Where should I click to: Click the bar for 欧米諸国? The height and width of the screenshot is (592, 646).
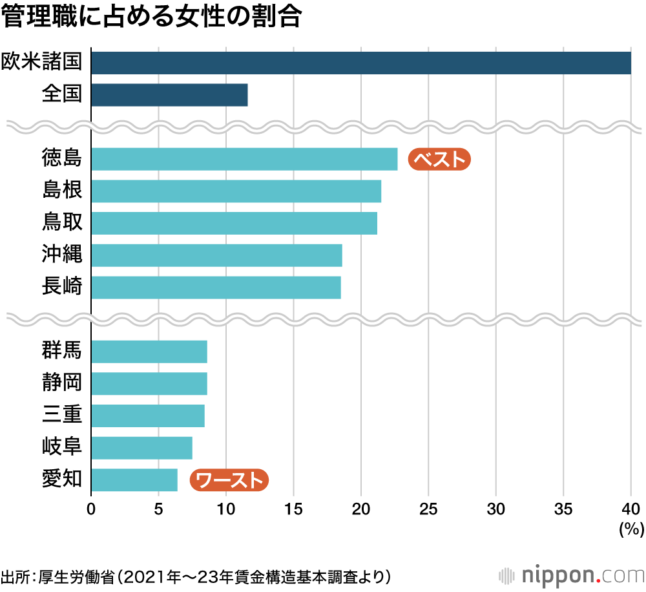coord(360,63)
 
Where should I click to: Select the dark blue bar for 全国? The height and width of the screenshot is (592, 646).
coord(169,95)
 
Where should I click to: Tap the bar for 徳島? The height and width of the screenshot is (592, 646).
coord(244,159)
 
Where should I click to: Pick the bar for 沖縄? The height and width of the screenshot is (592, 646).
coord(216,255)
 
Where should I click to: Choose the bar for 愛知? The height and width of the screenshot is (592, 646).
coord(134,480)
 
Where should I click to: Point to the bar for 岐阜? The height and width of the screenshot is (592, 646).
coord(141,447)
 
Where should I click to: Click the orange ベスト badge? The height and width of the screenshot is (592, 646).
coord(439,159)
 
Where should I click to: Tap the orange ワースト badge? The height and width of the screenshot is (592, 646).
coord(229,480)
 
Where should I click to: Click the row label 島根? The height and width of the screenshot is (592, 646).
coord(62,191)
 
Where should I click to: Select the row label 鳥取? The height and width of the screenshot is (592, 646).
coord(62,223)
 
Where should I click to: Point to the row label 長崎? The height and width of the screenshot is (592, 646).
coord(62,287)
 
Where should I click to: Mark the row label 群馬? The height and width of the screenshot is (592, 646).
coord(62,352)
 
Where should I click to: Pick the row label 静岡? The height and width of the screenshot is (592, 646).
coord(62,383)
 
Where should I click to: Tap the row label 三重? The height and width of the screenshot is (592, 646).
coord(62,415)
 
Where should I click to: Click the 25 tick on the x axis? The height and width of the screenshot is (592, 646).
coord(428,508)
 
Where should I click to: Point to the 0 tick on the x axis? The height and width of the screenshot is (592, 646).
coord(91,508)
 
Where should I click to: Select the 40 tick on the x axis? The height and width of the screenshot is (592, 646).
coord(630,508)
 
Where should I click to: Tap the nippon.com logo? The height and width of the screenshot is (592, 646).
coord(572,575)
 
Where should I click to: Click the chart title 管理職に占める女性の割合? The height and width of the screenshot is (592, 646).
coord(152,18)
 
